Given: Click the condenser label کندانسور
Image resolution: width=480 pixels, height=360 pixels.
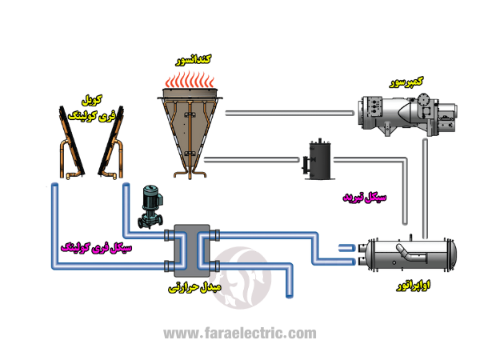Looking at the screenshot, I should click(x=194, y=60).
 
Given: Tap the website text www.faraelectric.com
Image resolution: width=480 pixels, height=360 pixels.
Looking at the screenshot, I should click(x=240, y=334).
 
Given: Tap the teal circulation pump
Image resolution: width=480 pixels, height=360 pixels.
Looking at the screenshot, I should click(x=149, y=206).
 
